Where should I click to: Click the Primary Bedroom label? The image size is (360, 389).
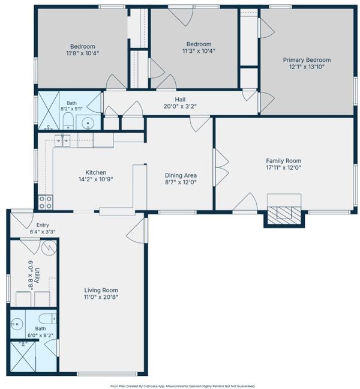[x=307, y=60]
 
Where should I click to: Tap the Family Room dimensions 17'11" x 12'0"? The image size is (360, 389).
[x=283, y=167]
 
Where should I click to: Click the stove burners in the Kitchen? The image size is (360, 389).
[x=46, y=202]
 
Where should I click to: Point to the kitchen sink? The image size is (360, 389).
[x=62, y=140]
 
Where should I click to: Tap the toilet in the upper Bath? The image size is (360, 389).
[x=67, y=121]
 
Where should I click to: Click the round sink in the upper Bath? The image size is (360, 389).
[x=88, y=123]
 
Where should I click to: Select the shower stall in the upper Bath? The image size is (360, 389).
[x=49, y=110]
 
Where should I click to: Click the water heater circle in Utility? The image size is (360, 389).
[x=49, y=247]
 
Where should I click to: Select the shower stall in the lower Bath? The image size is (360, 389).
[x=23, y=357]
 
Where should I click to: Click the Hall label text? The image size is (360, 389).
[x=180, y=100]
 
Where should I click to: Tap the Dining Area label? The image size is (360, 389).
[x=181, y=175]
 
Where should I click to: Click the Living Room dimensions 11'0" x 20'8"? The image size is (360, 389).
[x=101, y=297]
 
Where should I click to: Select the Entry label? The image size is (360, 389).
[x=43, y=225]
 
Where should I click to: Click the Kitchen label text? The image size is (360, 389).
[x=96, y=172]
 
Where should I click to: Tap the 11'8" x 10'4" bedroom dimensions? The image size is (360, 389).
[x=83, y=53]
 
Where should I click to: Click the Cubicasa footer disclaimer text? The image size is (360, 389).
[x=183, y=386]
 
